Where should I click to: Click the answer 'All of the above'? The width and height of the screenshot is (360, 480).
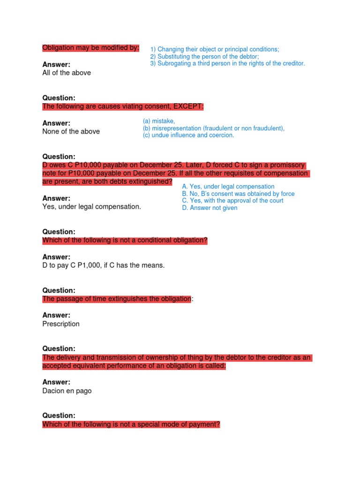click(x=67, y=73)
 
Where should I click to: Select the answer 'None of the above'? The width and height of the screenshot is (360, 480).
click(x=71, y=131)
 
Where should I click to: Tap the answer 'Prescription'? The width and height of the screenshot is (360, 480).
click(x=61, y=324)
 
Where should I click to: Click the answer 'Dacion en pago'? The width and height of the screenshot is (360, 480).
click(x=67, y=391)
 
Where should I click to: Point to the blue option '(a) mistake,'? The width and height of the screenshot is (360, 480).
click(x=159, y=121)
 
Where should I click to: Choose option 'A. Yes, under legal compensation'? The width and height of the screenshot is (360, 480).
click(x=228, y=187)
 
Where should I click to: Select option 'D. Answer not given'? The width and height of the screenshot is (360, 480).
click(x=210, y=208)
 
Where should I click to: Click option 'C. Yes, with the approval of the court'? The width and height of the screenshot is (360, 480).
click(x=232, y=201)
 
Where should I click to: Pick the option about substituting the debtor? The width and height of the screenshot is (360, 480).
click(x=204, y=56)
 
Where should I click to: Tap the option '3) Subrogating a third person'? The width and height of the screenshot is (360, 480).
click(x=227, y=63)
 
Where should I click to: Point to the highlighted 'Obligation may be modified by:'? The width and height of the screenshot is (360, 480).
click(x=90, y=47)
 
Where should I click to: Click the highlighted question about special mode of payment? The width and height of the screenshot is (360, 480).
click(x=131, y=424)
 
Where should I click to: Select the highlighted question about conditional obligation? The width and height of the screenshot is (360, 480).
click(x=125, y=240)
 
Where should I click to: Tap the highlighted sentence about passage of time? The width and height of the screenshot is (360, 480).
click(x=117, y=299)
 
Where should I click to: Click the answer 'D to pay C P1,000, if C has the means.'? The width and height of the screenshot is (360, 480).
click(x=104, y=265)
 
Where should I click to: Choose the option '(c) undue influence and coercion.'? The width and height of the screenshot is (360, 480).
click(x=188, y=135)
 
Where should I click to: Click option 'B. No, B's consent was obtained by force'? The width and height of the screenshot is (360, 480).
click(x=238, y=194)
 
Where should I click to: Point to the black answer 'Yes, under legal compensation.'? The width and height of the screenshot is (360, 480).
click(x=91, y=206)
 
